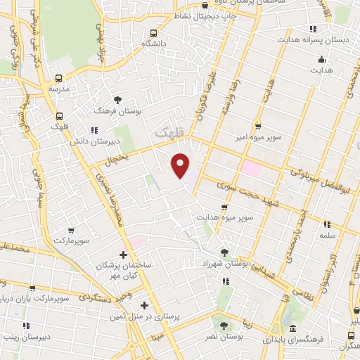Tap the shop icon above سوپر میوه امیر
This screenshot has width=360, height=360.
pyautogui.click(x=258, y=126)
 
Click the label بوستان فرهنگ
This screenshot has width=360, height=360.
pyautogui.click(x=119, y=110)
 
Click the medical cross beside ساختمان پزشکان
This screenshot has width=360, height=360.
pyautogui.click(x=124, y=254)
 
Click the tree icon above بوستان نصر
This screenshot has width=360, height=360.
pyautogui.click(x=224, y=325)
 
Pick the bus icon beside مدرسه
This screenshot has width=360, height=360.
pyautogui.click(x=58, y=79)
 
